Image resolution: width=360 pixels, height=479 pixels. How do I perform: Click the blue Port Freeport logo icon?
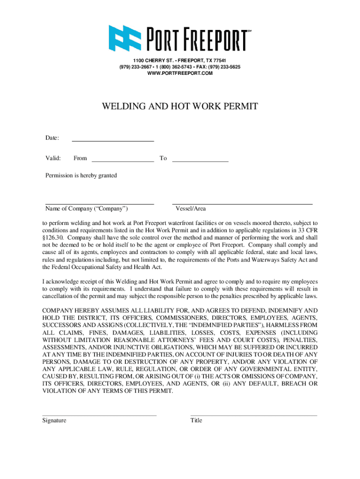(x=125, y=37)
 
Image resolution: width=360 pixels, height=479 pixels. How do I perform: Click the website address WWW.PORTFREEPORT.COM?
(x=180, y=73)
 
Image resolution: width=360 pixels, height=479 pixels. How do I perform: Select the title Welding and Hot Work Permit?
(x=180, y=107)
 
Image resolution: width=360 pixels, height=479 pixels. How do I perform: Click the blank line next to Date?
(x=112, y=140)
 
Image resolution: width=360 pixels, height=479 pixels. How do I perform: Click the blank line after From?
(x=122, y=161)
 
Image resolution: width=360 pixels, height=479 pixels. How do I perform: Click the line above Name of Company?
(x=100, y=204)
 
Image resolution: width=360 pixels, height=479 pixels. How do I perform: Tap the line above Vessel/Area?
(x=242, y=204)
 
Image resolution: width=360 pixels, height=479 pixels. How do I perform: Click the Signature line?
(x=99, y=415)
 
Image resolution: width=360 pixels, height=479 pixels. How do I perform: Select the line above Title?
(x=253, y=415)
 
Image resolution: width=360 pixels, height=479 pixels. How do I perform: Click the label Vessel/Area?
(x=190, y=209)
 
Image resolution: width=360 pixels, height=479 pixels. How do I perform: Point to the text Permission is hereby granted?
(x=81, y=175)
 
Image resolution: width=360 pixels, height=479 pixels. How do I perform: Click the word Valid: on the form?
(x=53, y=158)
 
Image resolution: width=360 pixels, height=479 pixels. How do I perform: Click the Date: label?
(x=52, y=138)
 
